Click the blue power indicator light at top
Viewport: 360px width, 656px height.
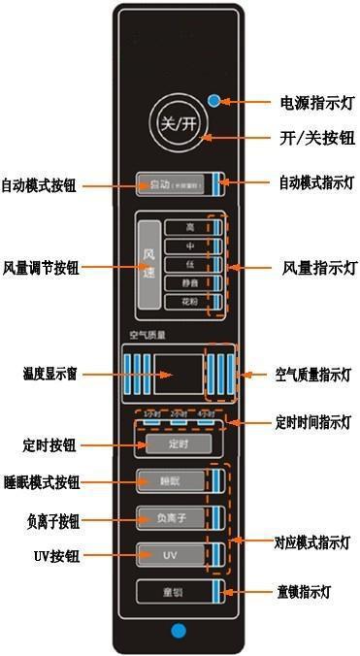[213, 99]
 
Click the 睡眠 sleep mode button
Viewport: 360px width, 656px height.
[172, 479]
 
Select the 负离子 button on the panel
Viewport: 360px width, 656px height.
[172, 517]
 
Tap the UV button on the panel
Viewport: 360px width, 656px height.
[172, 555]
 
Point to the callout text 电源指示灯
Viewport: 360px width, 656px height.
[309, 101]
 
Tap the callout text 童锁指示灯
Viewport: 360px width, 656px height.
[308, 591]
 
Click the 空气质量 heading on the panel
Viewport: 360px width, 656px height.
[147, 335]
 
